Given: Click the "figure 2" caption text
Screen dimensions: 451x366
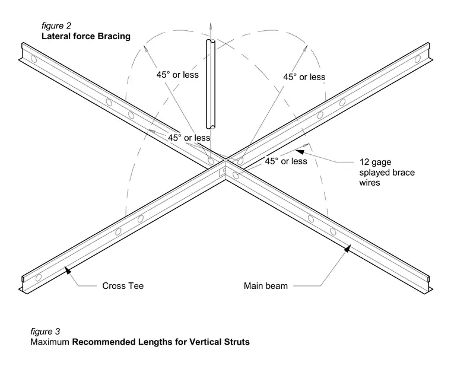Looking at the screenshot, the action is tap(56, 26).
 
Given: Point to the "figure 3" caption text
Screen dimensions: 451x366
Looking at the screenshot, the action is tap(45, 332).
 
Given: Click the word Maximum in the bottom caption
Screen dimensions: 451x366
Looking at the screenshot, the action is tap(50, 342).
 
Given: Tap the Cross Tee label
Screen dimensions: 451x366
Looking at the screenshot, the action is tap(123, 286).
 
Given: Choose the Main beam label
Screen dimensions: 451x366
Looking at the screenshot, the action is tap(265, 286).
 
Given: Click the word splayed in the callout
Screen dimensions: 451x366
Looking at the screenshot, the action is tap(372, 173).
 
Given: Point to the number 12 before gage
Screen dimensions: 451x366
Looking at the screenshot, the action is tap(364, 162).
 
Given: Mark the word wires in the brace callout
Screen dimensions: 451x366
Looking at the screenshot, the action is tap(369, 183).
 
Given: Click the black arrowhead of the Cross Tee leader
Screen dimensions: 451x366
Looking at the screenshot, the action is tap(68, 270).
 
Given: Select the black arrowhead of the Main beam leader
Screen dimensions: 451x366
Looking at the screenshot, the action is tap(348, 249).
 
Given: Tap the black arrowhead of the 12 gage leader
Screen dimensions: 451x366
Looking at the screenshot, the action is tap(300, 151).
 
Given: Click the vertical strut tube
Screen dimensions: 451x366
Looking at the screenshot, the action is tap(211, 84).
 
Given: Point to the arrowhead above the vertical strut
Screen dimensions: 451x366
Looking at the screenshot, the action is tap(211, 27).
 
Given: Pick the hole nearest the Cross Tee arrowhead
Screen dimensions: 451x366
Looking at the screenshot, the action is tap(38, 278).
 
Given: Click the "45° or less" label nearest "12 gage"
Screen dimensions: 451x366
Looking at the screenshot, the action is tap(286, 161).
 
